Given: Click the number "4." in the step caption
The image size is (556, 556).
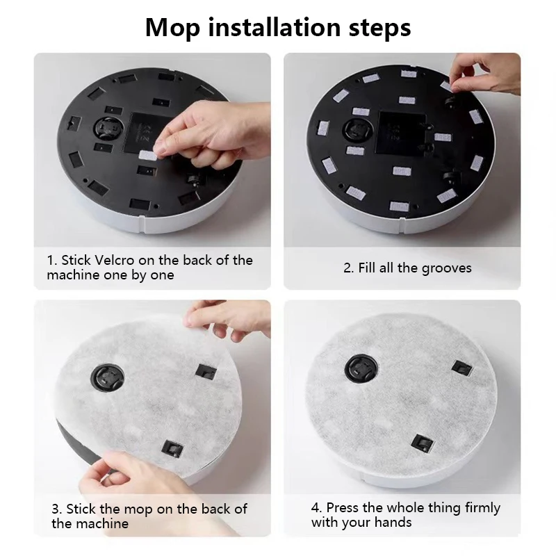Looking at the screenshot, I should point(316,508).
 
